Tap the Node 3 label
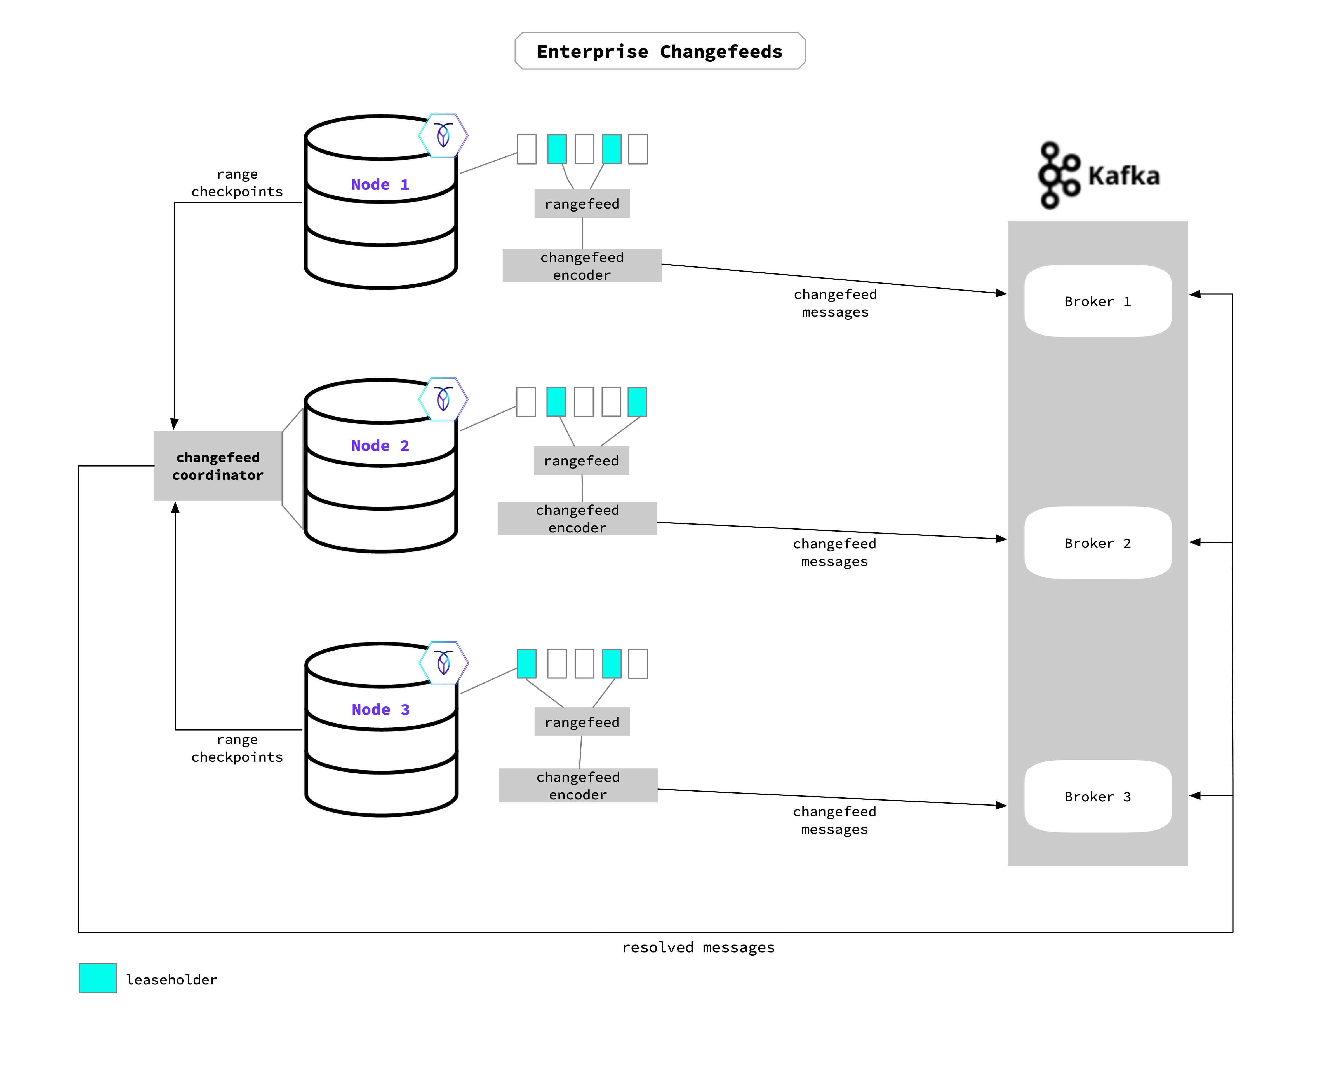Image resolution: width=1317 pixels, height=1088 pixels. (380, 710)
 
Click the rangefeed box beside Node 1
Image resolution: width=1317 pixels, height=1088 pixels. (582, 204)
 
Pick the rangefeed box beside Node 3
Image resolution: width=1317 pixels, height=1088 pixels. (582, 722)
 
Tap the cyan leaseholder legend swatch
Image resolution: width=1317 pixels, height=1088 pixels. (98, 978)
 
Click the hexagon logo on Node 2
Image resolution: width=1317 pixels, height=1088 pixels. (443, 399)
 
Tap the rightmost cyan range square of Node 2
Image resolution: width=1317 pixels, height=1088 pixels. (637, 402)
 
